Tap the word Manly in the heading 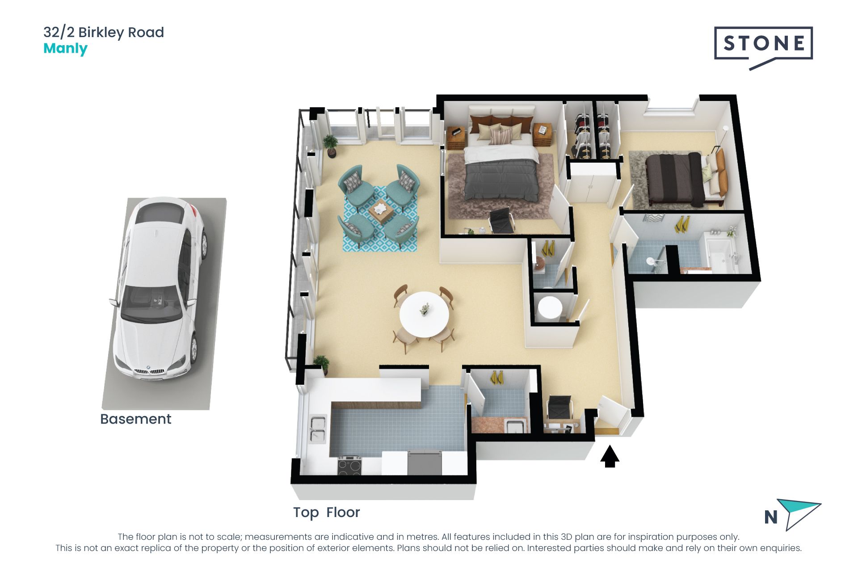tap(65, 49)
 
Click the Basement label tap(135, 419)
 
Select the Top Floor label tap(326, 513)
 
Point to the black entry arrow tap(610, 456)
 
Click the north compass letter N tap(771, 517)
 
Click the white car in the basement tap(160, 288)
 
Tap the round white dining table tap(424, 314)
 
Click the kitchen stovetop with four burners tap(349, 465)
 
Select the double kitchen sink tap(318, 429)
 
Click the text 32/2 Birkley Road tap(104, 32)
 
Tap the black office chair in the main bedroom tap(502, 221)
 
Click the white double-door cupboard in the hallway tap(592, 183)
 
